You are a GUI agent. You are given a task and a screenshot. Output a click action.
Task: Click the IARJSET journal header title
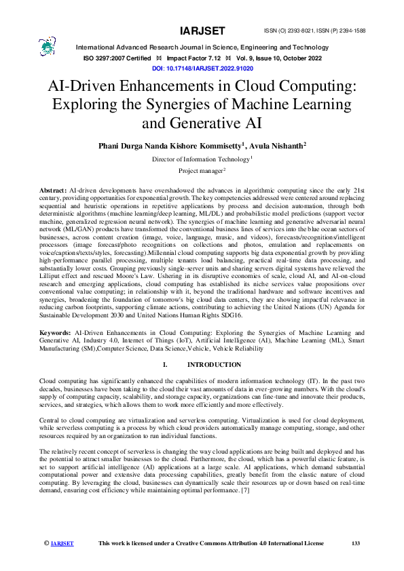pyautogui.click(x=202, y=31)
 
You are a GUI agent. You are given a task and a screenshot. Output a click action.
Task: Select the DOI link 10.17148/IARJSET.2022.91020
pyautogui.click(x=202, y=69)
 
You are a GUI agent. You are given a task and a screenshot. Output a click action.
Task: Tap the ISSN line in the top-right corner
pyautogui.click(x=329, y=31)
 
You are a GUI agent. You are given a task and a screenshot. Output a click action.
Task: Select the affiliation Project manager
pyautogui.click(x=201, y=171)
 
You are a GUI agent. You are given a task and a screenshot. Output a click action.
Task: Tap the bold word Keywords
pyautogui.click(x=56, y=333)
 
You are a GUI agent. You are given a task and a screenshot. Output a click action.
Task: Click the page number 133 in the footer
pyautogui.click(x=355, y=543)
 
